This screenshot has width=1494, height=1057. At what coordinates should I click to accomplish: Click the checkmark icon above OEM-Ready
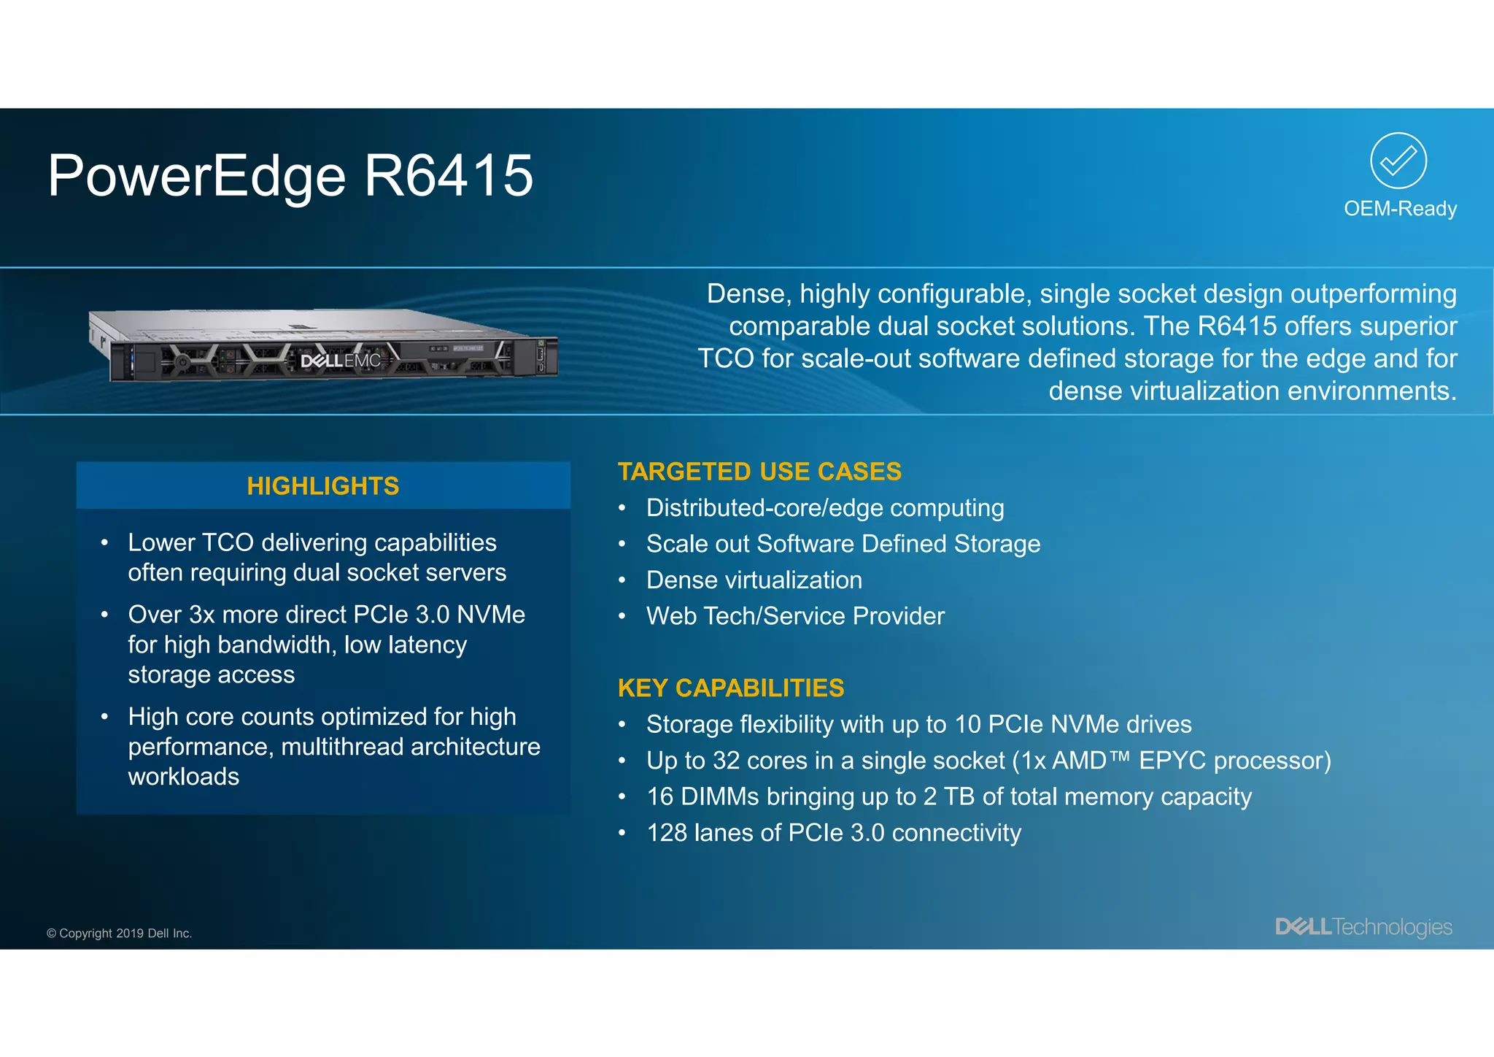[1398, 161]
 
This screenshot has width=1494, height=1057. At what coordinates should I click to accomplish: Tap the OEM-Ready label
[1400, 209]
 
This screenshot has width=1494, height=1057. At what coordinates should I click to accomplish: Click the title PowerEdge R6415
[290, 176]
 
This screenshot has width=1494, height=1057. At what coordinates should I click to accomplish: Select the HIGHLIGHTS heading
[323, 486]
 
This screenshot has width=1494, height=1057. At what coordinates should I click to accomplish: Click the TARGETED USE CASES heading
[759, 472]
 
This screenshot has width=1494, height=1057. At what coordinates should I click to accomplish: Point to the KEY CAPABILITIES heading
[730, 688]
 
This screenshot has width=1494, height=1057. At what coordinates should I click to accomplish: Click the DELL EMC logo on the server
[341, 361]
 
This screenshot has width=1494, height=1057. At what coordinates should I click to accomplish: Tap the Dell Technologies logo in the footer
[1363, 927]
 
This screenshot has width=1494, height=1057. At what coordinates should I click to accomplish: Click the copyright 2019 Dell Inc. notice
[120, 934]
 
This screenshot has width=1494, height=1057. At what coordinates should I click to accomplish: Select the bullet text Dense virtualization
[754, 580]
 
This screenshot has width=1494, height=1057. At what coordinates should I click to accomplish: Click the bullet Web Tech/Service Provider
[794, 616]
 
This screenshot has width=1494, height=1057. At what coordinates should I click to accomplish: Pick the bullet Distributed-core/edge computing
[824, 508]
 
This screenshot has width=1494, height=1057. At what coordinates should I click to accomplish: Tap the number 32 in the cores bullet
[726, 761]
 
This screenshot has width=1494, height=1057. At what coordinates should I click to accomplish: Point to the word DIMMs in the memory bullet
[719, 796]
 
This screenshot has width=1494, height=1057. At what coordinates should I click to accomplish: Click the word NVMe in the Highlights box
[490, 615]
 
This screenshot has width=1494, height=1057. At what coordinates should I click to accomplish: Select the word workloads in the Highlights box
[184, 777]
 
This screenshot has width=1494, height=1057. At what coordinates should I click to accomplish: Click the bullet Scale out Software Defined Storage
[843, 544]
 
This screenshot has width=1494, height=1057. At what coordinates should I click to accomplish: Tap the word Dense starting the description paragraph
[747, 294]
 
